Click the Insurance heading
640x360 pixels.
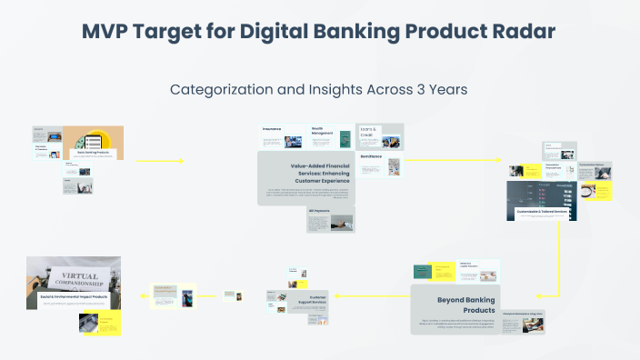[x=273, y=130]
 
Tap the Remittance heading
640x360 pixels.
[x=371, y=156]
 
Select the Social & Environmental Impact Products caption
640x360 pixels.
[x=73, y=296]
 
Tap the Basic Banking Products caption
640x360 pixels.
[x=92, y=153]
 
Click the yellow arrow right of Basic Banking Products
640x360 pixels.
[x=160, y=161]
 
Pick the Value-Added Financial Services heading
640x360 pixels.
[x=307, y=173]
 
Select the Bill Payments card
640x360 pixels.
[x=330, y=218]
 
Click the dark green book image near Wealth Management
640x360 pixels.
[x=345, y=139]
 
